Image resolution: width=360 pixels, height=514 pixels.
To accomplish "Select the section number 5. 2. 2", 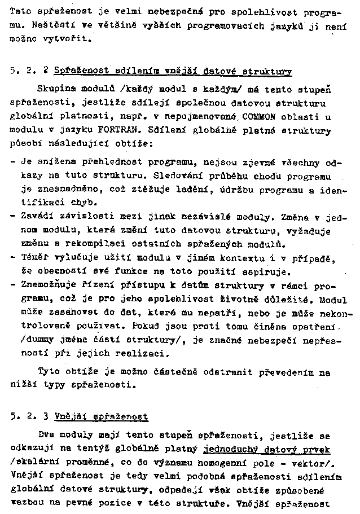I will pos(29,72).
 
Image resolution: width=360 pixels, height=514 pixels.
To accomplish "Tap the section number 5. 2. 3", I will pos(29,417).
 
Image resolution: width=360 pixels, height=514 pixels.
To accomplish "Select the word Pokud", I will pos(146,327).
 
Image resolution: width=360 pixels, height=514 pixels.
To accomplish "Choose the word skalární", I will pos(33,463).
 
